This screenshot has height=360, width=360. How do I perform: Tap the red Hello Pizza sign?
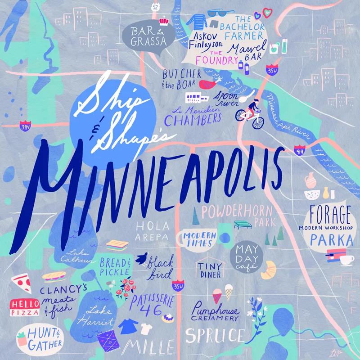click(x=25, y=307)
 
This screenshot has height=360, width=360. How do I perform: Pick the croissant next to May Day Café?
click(x=269, y=270)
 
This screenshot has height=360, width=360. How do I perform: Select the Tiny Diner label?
click(x=209, y=270)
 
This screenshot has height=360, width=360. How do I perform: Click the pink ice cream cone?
click(x=217, y=295)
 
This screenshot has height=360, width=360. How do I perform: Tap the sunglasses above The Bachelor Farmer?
click(x=221, y=13)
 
